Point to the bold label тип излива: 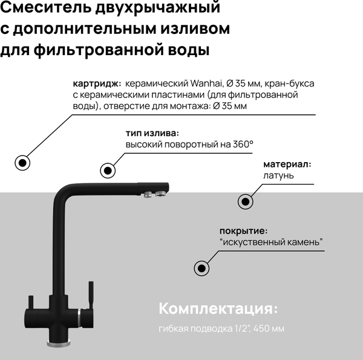tap(152, 133)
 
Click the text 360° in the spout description tap(241, 145)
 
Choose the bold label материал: tap(287, 165)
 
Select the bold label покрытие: tap(243, 231)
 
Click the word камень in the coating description tap(301, 243)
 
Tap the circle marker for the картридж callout tap(22, 162)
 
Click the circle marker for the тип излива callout tap(108, 170)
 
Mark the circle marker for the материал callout tap(245, 202)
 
